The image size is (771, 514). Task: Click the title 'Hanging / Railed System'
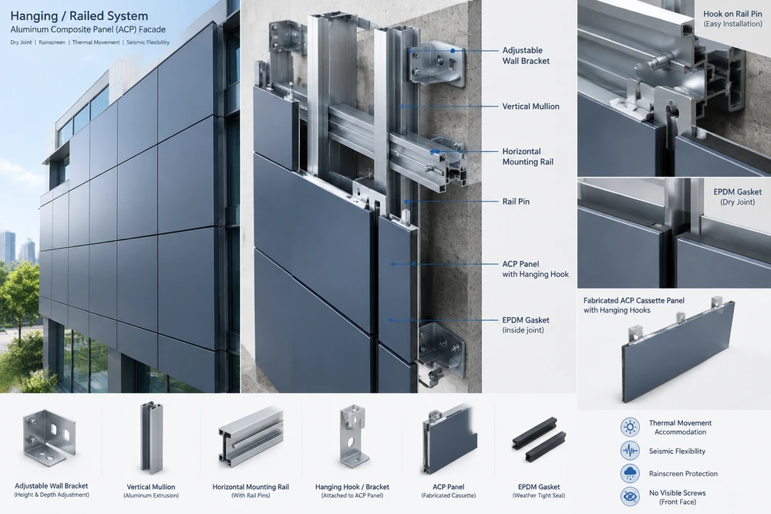pyautogui.click(x=79, y=15)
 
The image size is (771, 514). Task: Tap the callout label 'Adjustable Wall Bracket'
pyautogui.click(x=526, y=56)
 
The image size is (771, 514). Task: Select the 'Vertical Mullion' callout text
pyautogui.click(x=530, y=107)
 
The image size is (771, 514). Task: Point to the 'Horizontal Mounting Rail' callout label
pyautogui.click(x=527, y=157)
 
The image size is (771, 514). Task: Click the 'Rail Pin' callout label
pyautogui.click(x=516, y=201)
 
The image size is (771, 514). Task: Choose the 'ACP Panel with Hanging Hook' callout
pyautogui.click(x=536, y=269)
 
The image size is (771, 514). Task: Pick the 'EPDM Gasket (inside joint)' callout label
pyautogui.click(x=526, y=325)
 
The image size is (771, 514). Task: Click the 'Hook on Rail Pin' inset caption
pyautogui.click(x=732, y=19)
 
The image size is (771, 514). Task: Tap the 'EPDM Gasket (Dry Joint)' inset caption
pyautogui.click(x=738, y=197)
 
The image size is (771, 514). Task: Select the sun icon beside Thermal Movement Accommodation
pyautogui.click(x=630, y=427)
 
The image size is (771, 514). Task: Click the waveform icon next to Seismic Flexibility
pyautogui.click(x=630, y=451)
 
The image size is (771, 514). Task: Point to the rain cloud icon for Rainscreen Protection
pyautogui.click(x=630, y=474)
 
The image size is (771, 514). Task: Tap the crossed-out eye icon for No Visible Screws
pyautogui.click(x=630, y=497)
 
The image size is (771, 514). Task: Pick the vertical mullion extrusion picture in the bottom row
pyautogui.click(x=151, y=439)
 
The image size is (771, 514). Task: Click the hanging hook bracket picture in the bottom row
pyautogui.click(x=354, y=436)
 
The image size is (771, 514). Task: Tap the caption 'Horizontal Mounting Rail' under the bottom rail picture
pyautogui.click(x=251, y=487)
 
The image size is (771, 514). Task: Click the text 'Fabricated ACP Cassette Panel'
pyautogui.click(x=634, y=300)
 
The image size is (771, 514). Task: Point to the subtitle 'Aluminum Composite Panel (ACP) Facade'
pyautogui.click(x=88, y=29)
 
